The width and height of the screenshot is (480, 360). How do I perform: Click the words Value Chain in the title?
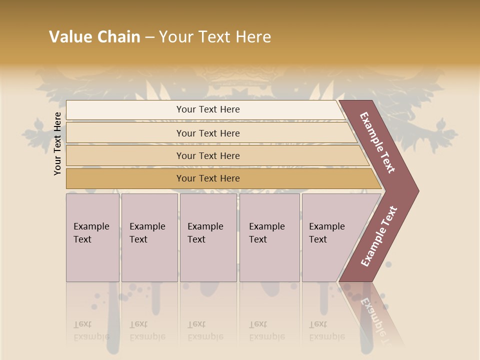[x=94, y=37]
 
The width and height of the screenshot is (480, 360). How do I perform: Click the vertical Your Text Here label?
[x=57, y=143]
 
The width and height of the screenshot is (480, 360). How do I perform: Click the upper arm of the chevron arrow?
[x=377, y=142]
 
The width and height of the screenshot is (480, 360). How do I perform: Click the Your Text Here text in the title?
[x=215, y=37]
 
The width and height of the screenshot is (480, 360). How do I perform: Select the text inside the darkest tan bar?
[x=208, y=178]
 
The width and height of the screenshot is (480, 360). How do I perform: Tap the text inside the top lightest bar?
[x=208, y=109]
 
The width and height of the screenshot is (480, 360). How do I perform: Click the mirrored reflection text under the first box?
[x=91, y=330]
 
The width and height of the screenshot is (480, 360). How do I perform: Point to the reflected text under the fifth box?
[x=327, y=330]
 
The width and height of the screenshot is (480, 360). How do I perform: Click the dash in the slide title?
[x=149, y=37]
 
